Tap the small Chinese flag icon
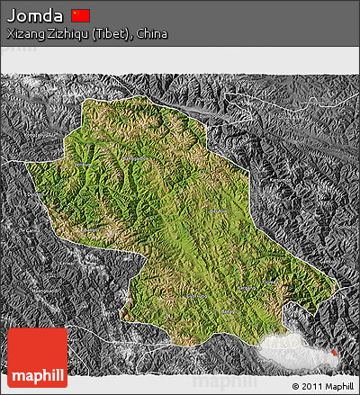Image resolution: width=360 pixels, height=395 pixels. (81, 14)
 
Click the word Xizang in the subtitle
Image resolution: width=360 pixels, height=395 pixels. (24, 33)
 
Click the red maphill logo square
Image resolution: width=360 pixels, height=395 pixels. (37, 357)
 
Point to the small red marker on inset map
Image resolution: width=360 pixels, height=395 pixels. (335, 353)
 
